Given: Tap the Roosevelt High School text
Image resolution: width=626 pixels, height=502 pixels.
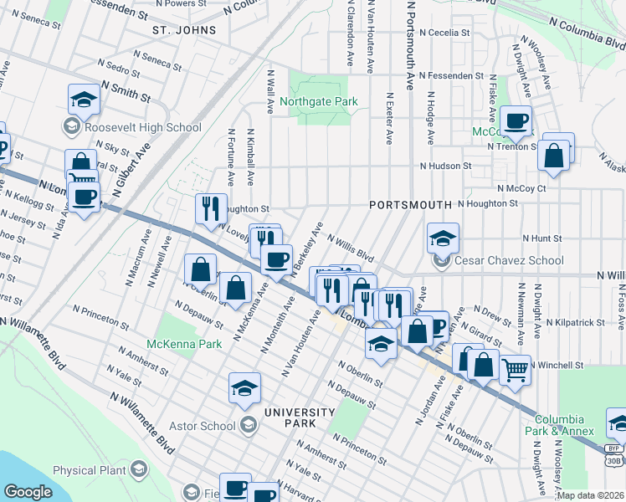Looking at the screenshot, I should [x=143, y=128].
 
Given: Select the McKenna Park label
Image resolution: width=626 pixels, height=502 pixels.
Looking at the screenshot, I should [x=184, y=344].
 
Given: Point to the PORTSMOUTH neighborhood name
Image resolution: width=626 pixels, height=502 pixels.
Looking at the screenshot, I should [x=410, y=205].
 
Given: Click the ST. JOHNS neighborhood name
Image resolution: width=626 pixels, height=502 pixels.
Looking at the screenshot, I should [x=184, y=30].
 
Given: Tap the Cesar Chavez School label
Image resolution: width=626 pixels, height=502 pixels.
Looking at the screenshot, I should [x=509, y=260].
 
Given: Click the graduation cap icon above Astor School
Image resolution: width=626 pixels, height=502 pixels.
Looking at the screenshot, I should [x=244, y=387].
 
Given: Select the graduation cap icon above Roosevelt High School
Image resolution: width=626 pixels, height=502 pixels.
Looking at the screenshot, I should [x=84, y=100].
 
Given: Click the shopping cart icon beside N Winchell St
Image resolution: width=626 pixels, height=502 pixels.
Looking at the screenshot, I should [x=515, y=367].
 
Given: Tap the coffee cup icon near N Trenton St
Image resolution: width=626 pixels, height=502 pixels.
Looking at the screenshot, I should [x=516, y=120].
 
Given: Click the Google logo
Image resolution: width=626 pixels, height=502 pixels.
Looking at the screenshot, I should [x=28, y=492].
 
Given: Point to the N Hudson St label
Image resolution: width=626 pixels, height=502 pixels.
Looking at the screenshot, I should [x=452, y=166].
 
